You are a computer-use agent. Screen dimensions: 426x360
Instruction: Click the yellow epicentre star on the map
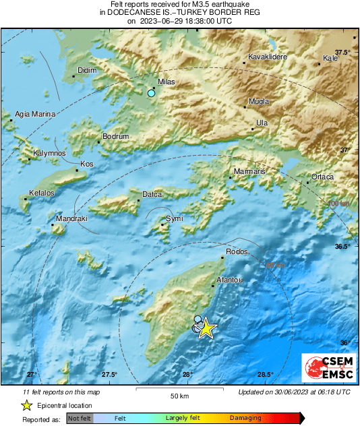[206, 328]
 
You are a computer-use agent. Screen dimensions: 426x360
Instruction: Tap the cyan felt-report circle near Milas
[152, 94]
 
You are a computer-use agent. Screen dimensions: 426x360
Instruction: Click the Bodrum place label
[114, 138]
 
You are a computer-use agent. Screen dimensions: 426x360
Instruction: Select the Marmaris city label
[250, 173]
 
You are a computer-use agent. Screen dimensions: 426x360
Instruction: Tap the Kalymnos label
[50, 154]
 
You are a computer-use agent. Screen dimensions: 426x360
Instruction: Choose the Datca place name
[152, 195]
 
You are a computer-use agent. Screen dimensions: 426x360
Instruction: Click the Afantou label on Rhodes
[230, 279]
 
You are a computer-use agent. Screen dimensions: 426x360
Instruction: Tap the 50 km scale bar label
[179, 396]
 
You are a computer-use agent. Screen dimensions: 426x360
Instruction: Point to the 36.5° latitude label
[343, 247]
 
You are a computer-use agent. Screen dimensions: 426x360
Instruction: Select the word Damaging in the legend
[245, 419]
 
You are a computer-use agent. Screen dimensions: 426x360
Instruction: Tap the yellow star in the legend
[26, 405]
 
